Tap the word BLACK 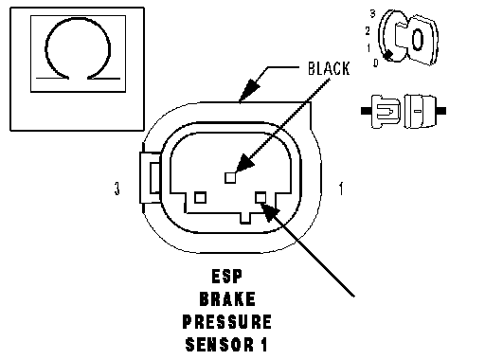point(329,68)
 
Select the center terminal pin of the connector point(230,178)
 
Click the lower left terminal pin point(200,198)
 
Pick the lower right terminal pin point(260,198)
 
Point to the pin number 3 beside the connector point(117,189)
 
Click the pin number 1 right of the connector point(341,189)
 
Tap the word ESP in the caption point(227,277)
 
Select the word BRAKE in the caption point(227,299)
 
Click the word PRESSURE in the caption point(227,322)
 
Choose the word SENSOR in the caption point(220,345)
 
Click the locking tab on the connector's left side point(151,178)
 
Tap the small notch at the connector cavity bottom point(245,218)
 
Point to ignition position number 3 point(373,13)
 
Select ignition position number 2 point(368,31)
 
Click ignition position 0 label point(375,63)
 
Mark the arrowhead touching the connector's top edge point(249,91)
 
